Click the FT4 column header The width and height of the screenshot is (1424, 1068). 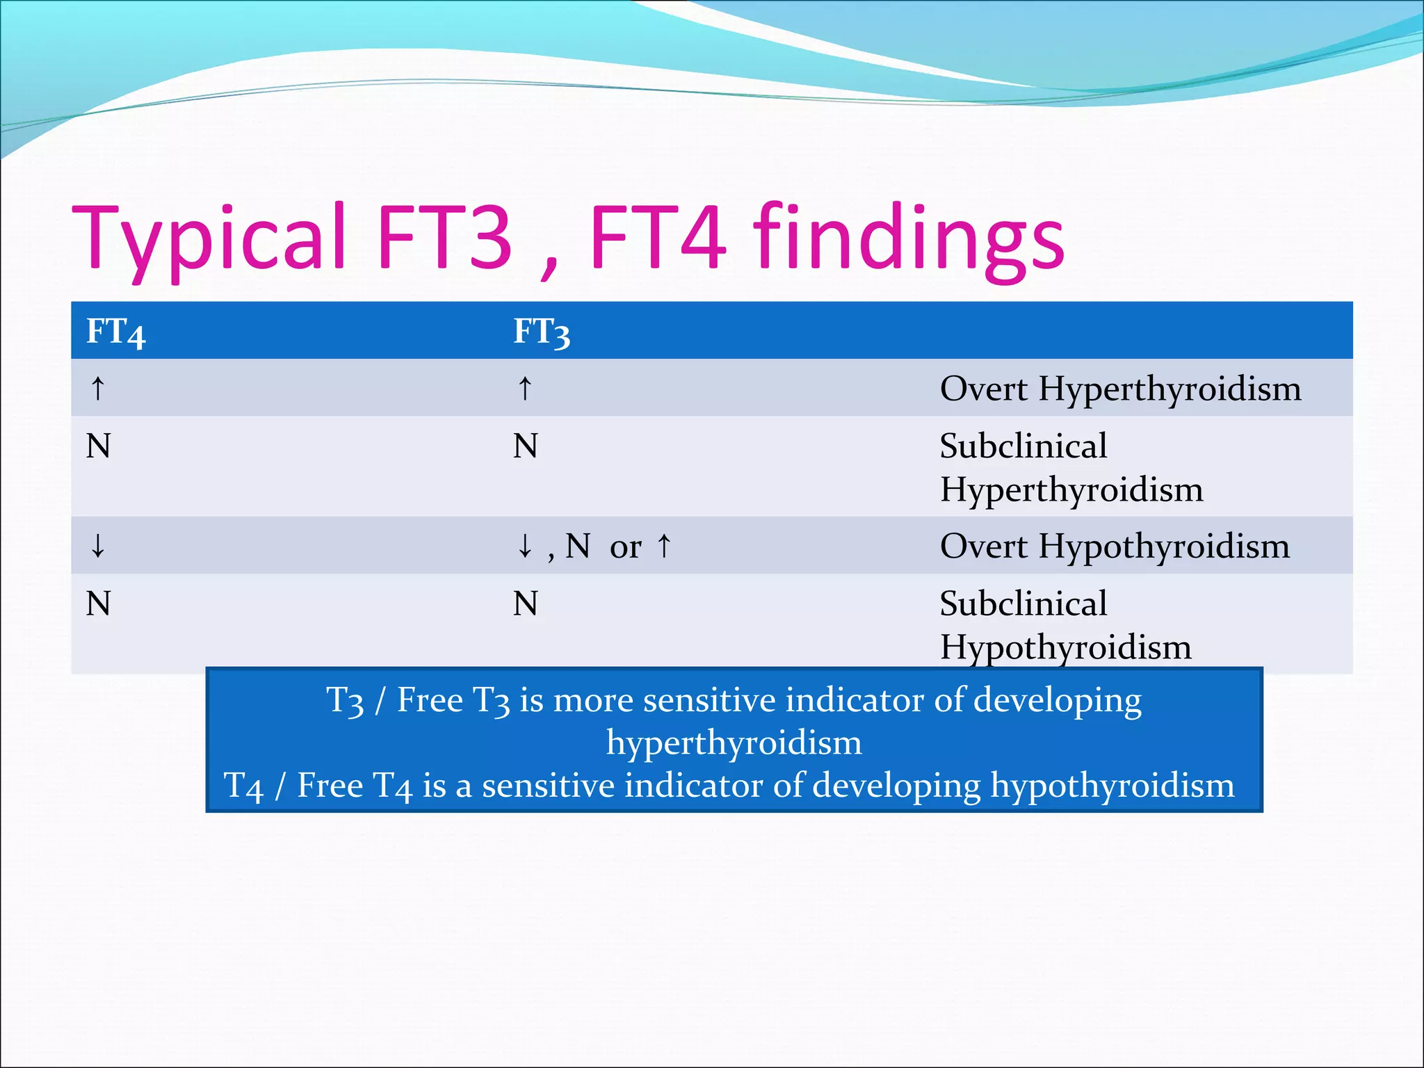pos(115,332)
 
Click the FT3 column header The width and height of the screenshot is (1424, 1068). pos(542,332)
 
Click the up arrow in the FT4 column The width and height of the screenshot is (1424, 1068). pos(98,388)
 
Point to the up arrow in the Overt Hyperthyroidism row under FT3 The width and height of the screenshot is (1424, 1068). pos(525,388)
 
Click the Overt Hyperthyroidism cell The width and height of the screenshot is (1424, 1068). pos(1120,388)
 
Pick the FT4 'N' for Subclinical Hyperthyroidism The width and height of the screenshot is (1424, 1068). pos(98,446)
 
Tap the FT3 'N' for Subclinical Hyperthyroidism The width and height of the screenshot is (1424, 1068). pos(525,446)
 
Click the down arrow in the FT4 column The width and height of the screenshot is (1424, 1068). pos(98,546)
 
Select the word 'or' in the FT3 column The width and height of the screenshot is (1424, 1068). pos(625,547)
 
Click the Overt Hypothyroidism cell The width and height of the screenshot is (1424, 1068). pos(1115,546)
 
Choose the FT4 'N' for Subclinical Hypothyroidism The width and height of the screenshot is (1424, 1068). pos(98,604)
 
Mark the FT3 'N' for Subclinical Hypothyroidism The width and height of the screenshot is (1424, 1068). pos(525,604)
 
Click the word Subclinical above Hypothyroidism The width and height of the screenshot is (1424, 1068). pos(1023,604)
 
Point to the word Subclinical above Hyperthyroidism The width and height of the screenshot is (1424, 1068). pos(1023,446)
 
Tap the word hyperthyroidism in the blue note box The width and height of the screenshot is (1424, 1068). pos(734,743)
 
